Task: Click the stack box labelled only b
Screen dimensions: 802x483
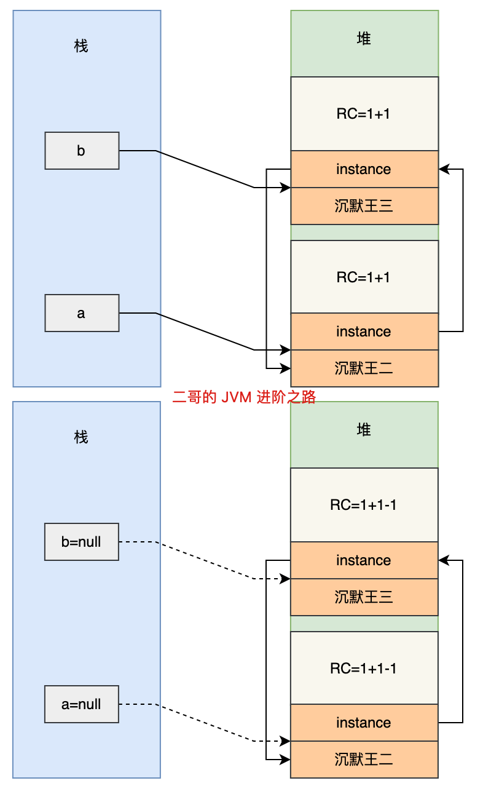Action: pyautogui.click(x=82, y=151)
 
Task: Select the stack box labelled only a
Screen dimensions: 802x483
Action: pyautogui.click(x=82, y=313)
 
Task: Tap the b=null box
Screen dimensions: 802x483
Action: pyautogui.click(x=82, y=542)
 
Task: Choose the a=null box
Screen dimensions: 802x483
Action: pyautogui.click(x=82, y=704)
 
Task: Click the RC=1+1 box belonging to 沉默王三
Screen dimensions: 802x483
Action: pyautogui.click(x=364, y=114)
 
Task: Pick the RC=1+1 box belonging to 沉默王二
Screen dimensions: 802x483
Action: pyautogui.click(x=364, y=277)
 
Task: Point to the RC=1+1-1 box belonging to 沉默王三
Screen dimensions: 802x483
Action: pyautogui.click(x=364, y=505)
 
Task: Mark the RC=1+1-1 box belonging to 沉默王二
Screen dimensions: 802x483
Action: pyautogui.click(x=364, y=668)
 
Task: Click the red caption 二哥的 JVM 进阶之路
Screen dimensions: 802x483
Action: pyautogui.click(x=244, y=397)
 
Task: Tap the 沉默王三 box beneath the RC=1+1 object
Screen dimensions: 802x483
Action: pyautogui.click(x=364, y=206)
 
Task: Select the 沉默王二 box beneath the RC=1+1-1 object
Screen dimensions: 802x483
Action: pyautogui.click(x=364, y=760)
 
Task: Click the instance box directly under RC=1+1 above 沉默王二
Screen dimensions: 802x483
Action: pyautogui.click(x=364, y=332)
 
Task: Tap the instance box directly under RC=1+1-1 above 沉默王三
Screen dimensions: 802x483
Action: pyautogui.click(x=364, y=560)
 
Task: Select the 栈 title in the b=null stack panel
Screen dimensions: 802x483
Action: pyautogui.click(x=81, y=437)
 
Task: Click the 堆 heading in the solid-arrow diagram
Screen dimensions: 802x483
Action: pyautogui.click(x=364, y=39)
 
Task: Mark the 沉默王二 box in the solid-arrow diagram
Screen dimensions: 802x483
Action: pyautogui.click(x=364, y=368)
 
